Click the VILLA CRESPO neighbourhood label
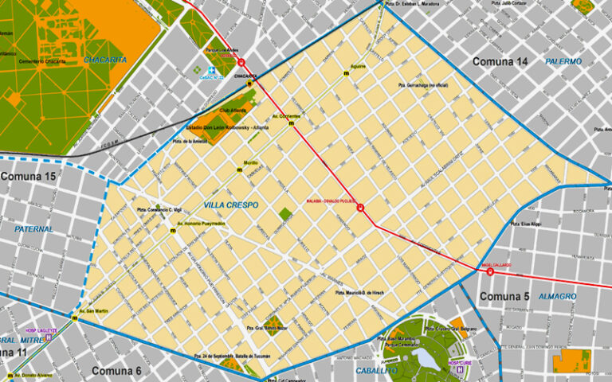pyautogui.click(x=230, y=205)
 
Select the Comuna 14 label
pyautogui.click(x=500, y=61)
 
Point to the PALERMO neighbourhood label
pyautogui.click(x=563, y=61)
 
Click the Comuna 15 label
pyautogui.click(x=29, y=176)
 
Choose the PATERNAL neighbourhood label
pyautogui.click(x=33, y=229)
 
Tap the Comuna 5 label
pyautogui.click(x=504, y=297)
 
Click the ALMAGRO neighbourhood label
pyautogui.click(x=557, y=297)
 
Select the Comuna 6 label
pyautogui.click(x=116, y=371)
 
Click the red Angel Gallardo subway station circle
pyautogui.click(x=489, y=271)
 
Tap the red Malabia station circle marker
pyautogui.click(x=361, y=209)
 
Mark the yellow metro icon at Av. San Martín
pyautogui.click(x=74, y=318)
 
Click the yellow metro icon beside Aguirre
pyautogui.click(x=347, y=74)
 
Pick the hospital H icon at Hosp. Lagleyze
pyautogui.click(x=49, y=337)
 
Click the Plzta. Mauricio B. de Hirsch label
pyautogui.click(x=359, y=293)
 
